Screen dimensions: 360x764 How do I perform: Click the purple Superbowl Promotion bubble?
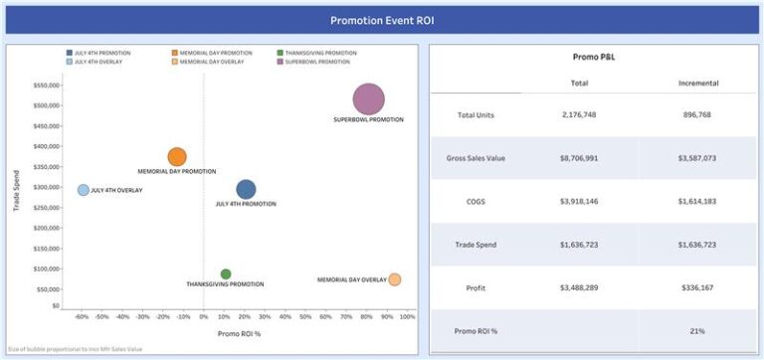click(368, 98)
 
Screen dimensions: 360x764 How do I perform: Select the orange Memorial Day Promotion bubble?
click(177, 157)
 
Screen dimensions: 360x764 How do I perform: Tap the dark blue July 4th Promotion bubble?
click(246, 189)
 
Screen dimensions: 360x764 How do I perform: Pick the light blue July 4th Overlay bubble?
click(84, 190)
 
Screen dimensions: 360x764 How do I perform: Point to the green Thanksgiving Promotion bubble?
click(226, 274)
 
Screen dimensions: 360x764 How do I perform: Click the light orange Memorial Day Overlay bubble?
click(394, 279)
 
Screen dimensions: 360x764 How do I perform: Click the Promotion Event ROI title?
click(382, 20)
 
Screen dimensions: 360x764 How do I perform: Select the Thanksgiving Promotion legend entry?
click(320, 52)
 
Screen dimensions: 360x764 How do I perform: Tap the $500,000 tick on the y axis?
click(43, 105)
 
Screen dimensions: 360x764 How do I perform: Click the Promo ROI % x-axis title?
click(239, 333)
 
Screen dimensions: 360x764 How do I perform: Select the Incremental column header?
click(698, 83)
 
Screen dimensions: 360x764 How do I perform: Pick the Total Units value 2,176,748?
click(579, 115)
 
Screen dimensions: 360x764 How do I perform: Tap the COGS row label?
click(476, 201)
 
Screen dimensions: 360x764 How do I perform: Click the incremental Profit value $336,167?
click(698, 287)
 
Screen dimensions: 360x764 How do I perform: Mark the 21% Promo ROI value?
click(698, 330)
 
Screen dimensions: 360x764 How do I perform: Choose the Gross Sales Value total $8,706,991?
click(579, 158)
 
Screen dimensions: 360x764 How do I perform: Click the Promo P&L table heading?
click(592, 58)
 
